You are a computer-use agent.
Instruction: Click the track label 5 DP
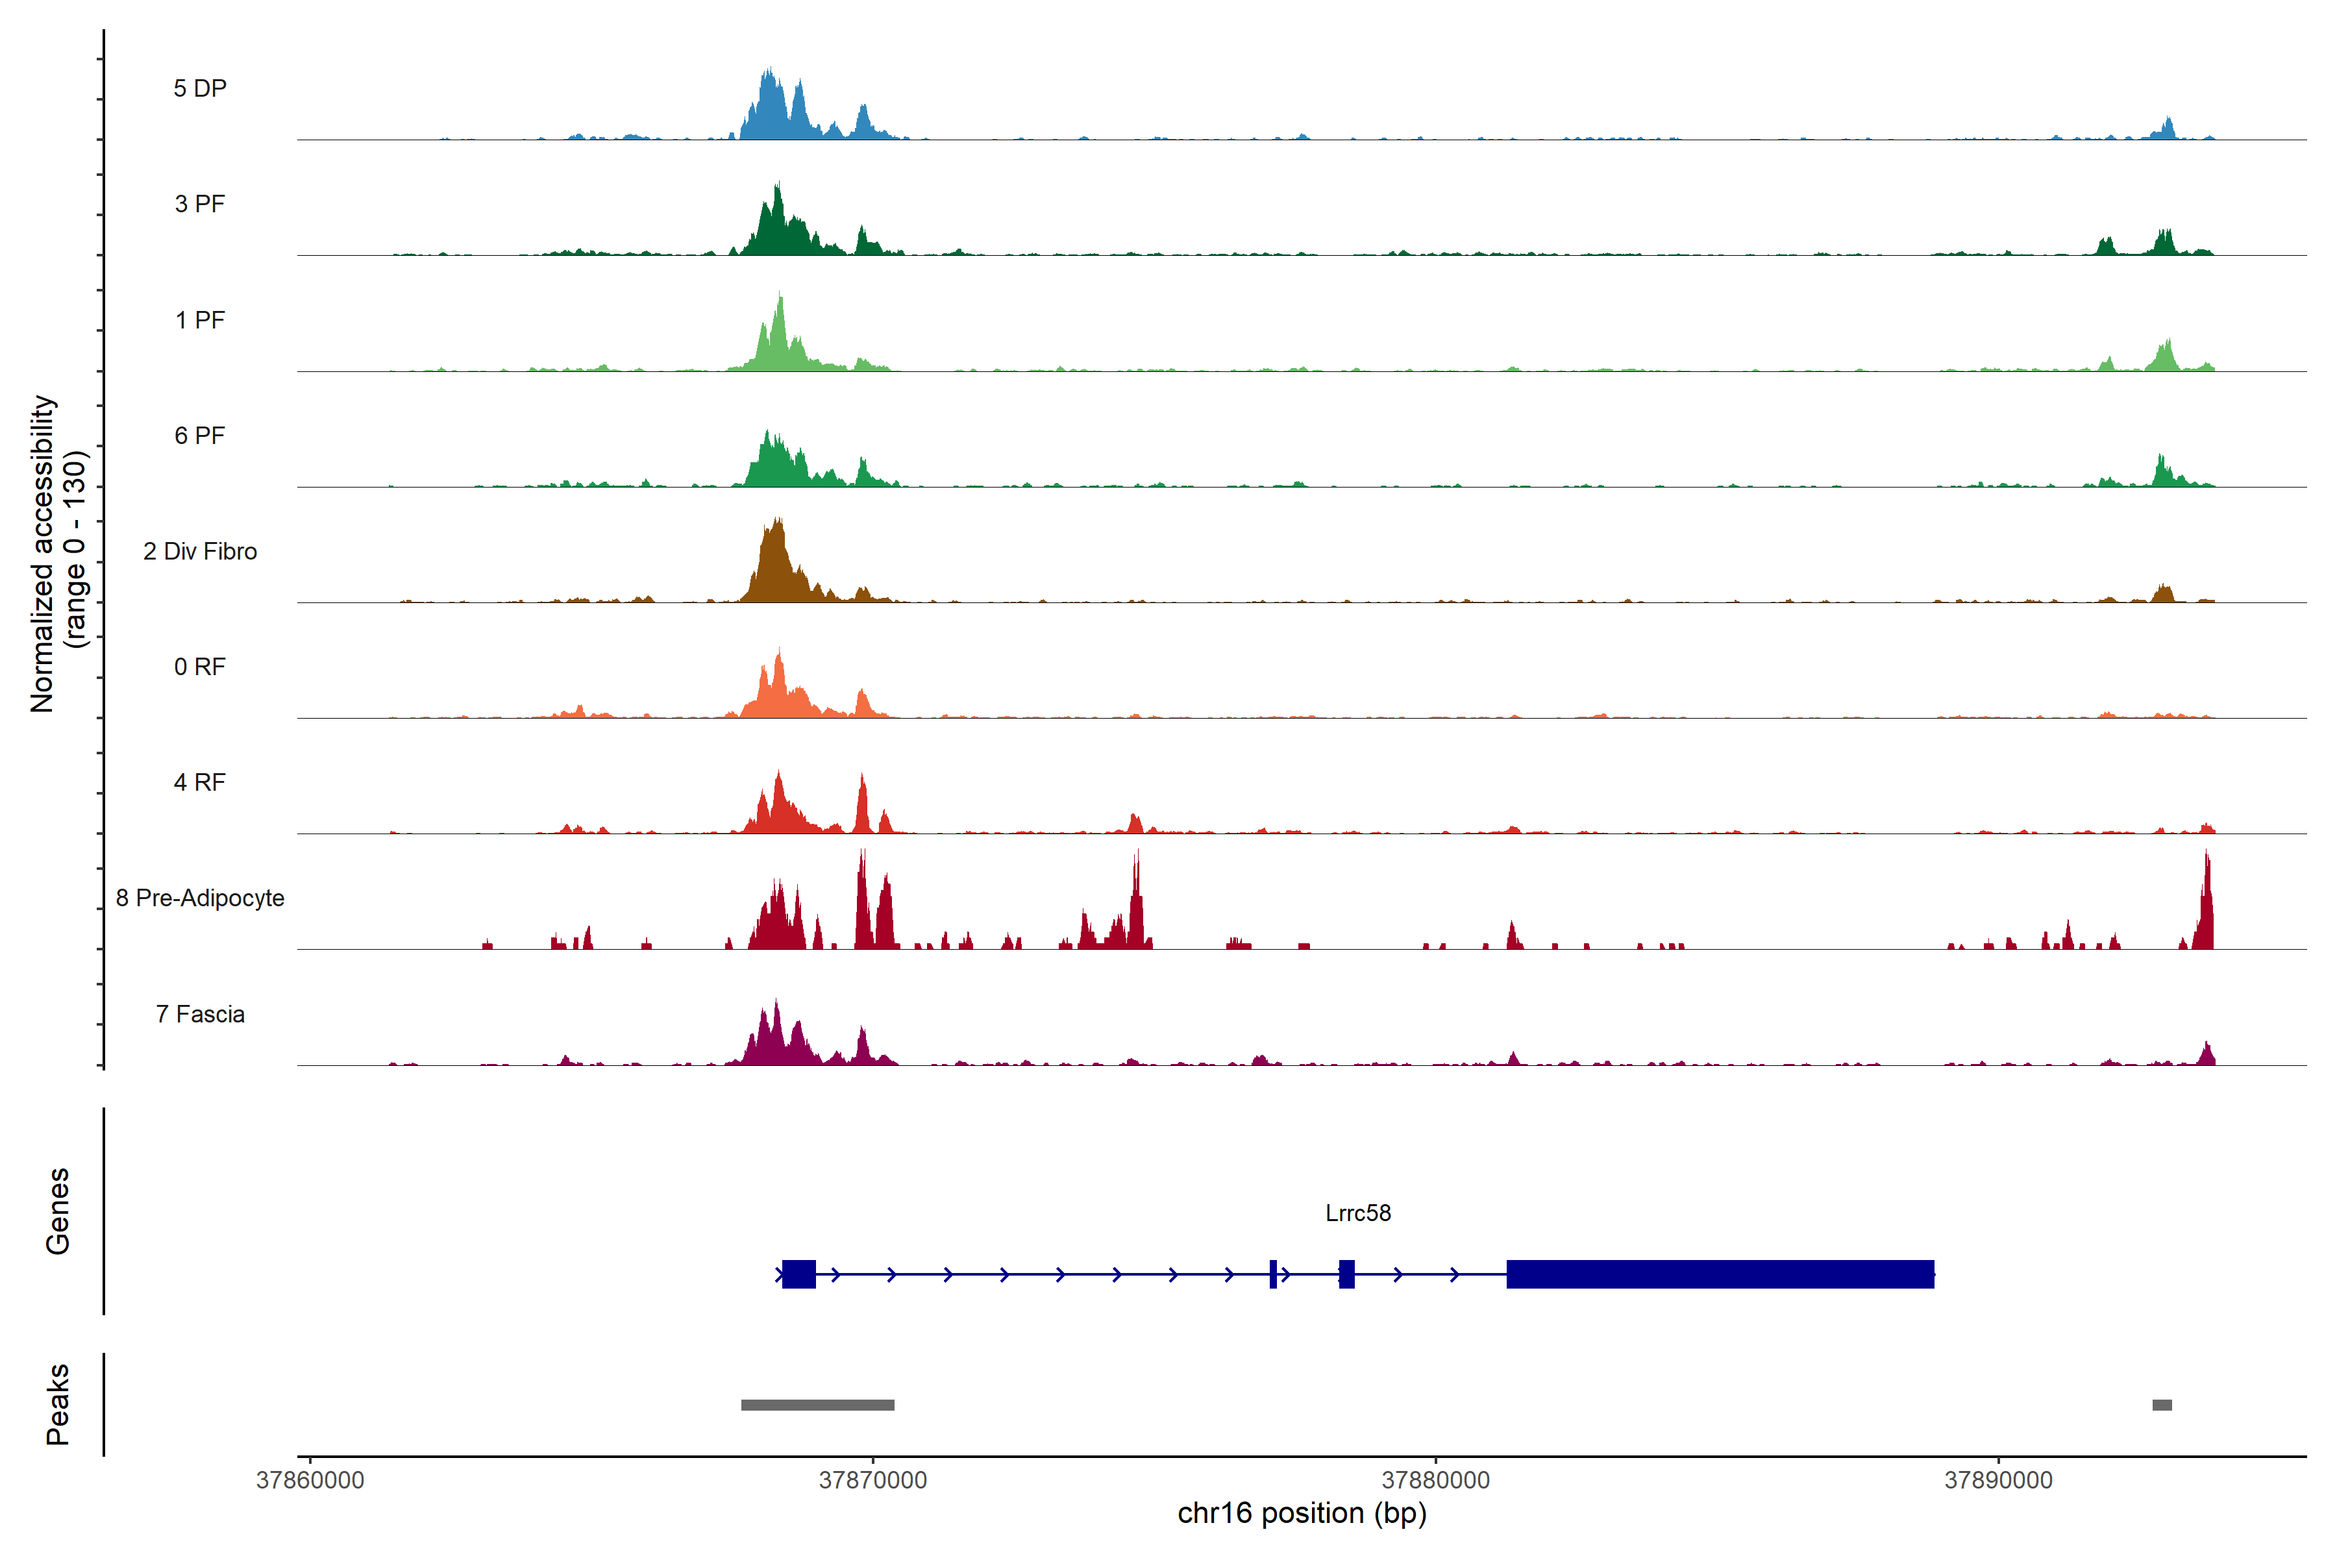tap(200, 88)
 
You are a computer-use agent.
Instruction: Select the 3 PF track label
tap(200, 204)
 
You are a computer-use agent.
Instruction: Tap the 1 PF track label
tap(200, 320)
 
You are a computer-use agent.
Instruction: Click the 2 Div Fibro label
tap(200, 551)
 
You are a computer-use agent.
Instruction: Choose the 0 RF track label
tap(200, 667)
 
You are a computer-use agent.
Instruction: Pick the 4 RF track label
tap(200, 782)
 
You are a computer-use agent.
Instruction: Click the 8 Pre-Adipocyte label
tap(200, 898)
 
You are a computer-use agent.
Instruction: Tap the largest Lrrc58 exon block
tap(1719, 1274)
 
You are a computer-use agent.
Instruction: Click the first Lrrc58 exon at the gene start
tap(799, 1274)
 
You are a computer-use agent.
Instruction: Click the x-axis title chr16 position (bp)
tap(1302, 1513)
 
